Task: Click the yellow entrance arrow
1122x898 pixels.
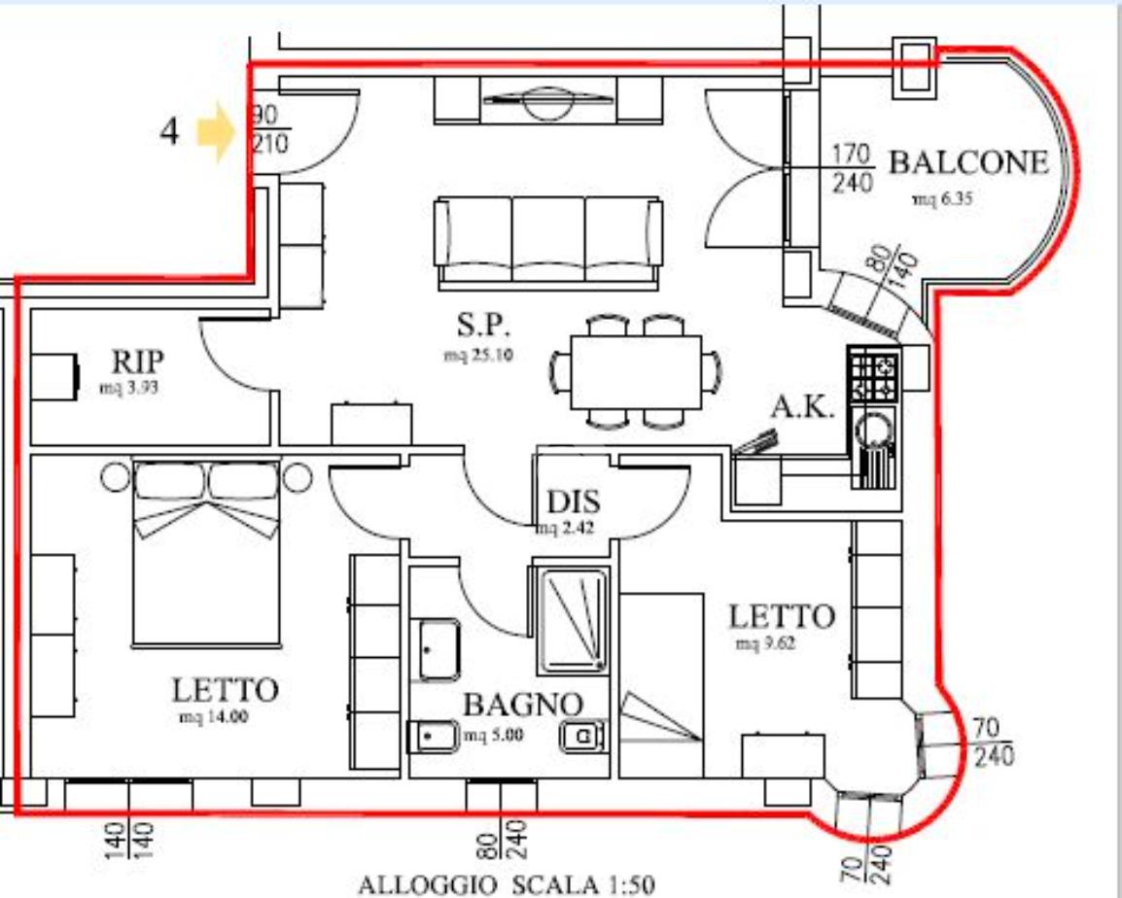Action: (217, 131)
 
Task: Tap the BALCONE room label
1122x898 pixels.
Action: (968, 163)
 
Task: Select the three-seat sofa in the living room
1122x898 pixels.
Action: (547, 243)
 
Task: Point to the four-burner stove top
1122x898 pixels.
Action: (874, 374)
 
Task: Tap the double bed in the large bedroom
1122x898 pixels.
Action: (206, 552)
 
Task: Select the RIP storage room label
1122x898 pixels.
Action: (137, 362)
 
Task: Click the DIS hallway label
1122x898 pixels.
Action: (574, 501)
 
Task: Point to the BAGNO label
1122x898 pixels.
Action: (523, 705)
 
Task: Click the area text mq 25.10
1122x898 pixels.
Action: (478, 354)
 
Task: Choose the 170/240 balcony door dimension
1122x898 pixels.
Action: (853, 169)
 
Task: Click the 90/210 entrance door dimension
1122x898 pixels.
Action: (269, 129)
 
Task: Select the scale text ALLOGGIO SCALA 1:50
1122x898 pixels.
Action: (506, 885)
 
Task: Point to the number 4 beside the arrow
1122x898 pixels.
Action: (169, 131)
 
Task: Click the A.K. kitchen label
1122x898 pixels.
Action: (803, 408)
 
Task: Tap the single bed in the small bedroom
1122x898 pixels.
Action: (661, 685)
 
